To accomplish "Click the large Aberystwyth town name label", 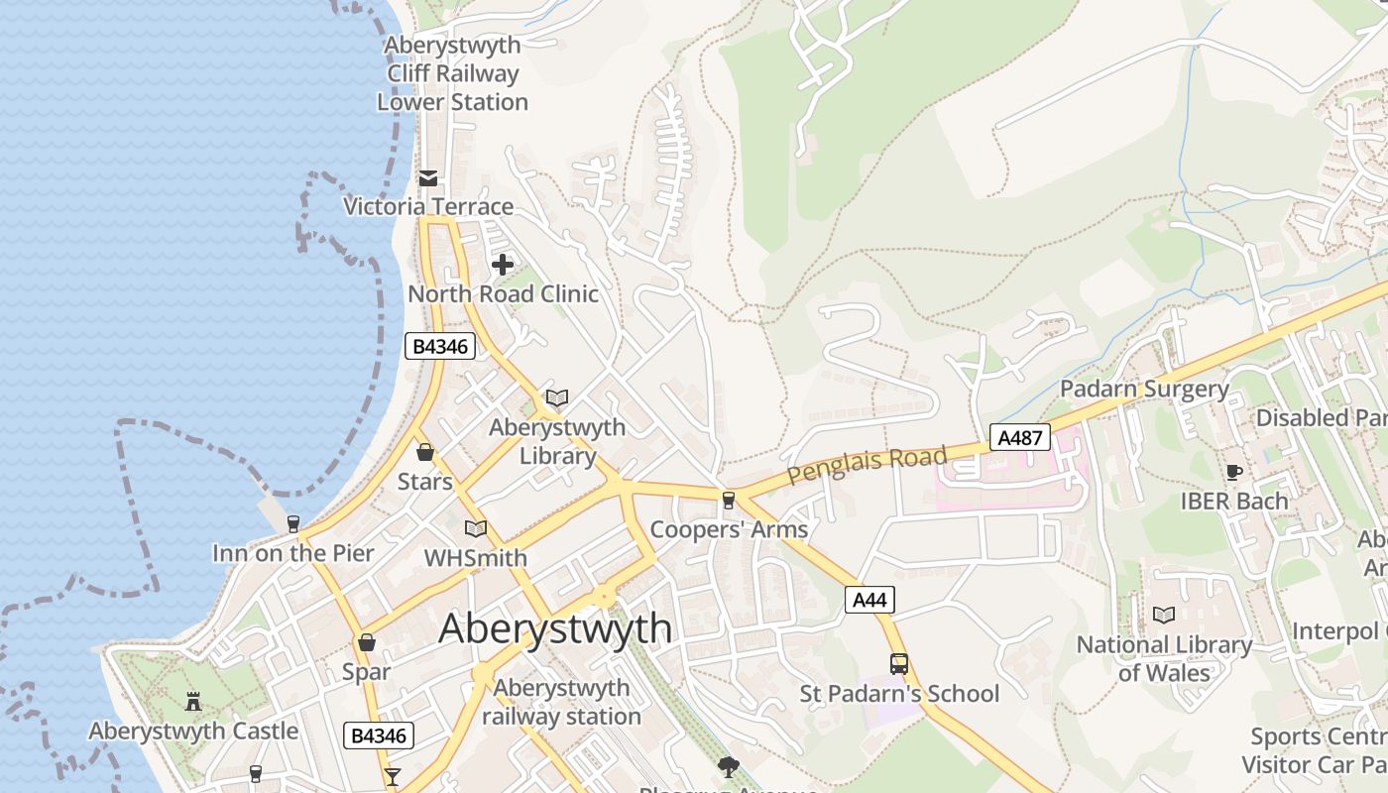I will tap(555, 628).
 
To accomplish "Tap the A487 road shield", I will tap(1019, 437).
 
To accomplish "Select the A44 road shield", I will tap(869, 600).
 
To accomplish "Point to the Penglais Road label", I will tap(867, 465).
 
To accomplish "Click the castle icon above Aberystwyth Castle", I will tap(193, 701).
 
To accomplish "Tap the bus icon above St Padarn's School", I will tap(898, 663).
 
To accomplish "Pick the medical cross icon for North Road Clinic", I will tap(503, 265).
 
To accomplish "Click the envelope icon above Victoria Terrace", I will tap(428, 178).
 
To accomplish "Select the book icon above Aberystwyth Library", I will tap(557, 398).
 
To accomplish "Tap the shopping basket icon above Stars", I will tap(425, 452).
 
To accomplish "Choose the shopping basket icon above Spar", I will tap(367, 642).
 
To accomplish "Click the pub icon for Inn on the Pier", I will tap(292, 523).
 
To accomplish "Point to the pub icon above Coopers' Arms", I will tap(729, 500).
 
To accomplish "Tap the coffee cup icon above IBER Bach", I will tap(1233, 472).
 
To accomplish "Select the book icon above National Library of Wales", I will tap(1164, 615).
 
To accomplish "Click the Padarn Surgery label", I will tap(1144, 389).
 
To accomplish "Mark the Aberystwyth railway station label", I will tap(561, 702).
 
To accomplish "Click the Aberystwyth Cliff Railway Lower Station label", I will tap(452, 73).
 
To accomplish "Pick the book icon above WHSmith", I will tap(476, 528).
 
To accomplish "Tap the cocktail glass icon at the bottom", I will tap(393, 776).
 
